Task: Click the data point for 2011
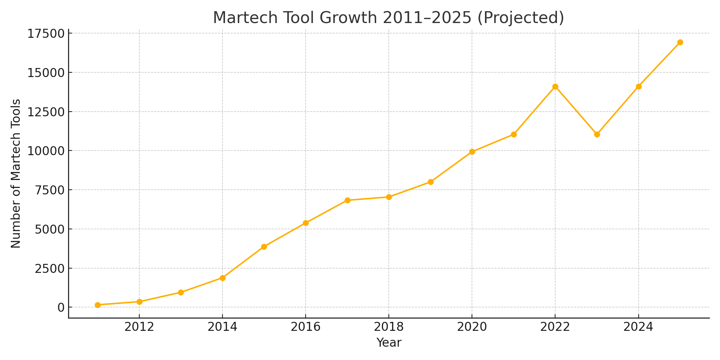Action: [x=98, y=305]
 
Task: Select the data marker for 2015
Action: [x=264, y=247]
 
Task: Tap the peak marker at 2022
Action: [x=555, y=86]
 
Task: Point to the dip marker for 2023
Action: [x=597, y=134]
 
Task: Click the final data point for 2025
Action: [x=680, y=42]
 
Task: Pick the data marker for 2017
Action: [x=347, y=200]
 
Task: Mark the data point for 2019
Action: [x=431, y=182]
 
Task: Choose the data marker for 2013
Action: [x=181, y=292]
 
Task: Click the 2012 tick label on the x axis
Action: [x=139, y=327]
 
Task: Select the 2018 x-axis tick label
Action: [x=388, y=327]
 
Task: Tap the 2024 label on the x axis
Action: [x=638, y=327]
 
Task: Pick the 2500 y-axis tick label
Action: [x=49, y=268]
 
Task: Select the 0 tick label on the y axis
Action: [x=61, y=307]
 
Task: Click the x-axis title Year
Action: [x=389, y=343]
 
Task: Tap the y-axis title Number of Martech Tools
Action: [x=16, y=174]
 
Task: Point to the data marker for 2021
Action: [x=514, y=134]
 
